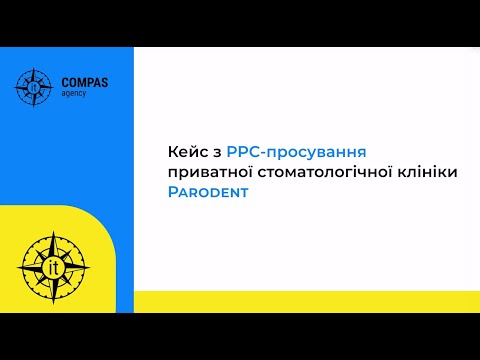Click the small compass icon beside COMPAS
34,86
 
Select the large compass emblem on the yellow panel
55,266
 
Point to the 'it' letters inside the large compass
55,267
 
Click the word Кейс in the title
187,152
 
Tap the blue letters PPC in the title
244,152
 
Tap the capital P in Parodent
174,193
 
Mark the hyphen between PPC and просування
265,153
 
